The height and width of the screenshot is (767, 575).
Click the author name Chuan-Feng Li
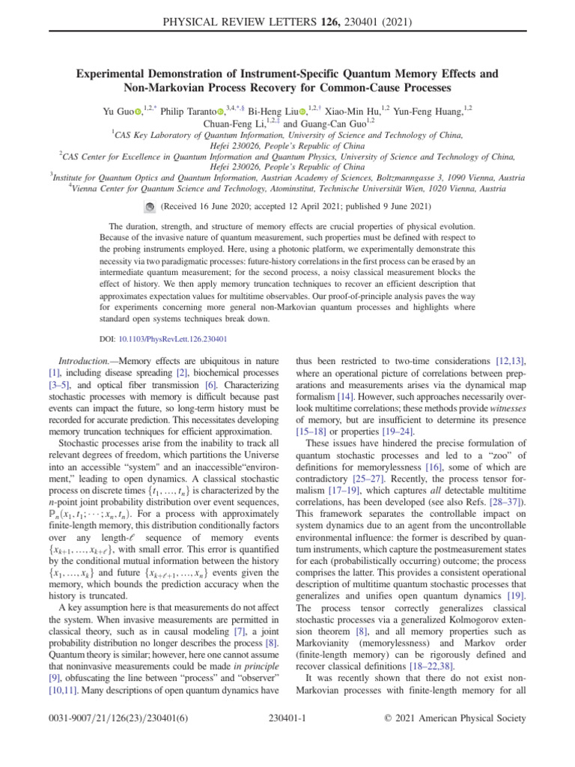231,124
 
